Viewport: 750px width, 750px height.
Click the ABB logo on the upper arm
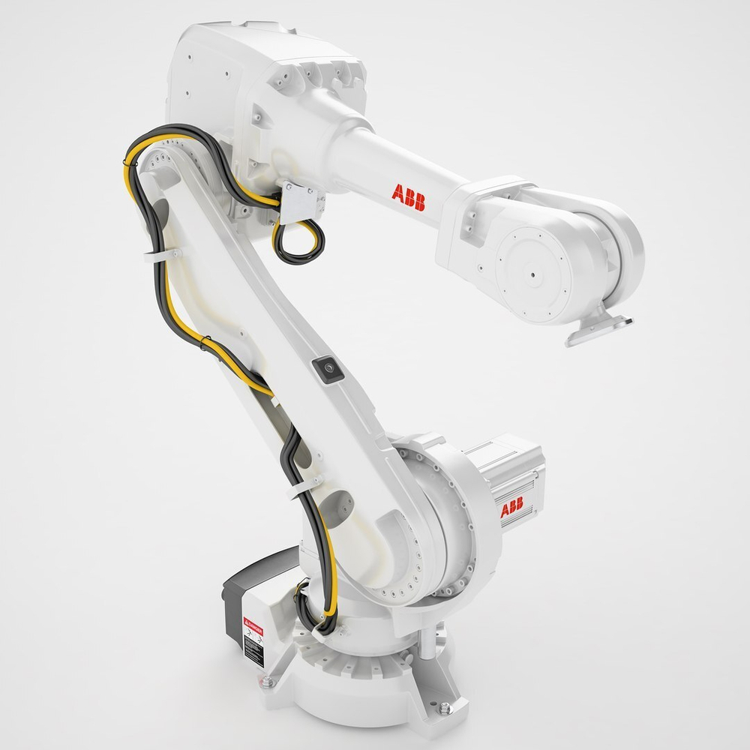(408, 197)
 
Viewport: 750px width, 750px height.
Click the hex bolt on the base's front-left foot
(267, 682)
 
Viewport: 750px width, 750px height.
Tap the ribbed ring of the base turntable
(360, 660)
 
